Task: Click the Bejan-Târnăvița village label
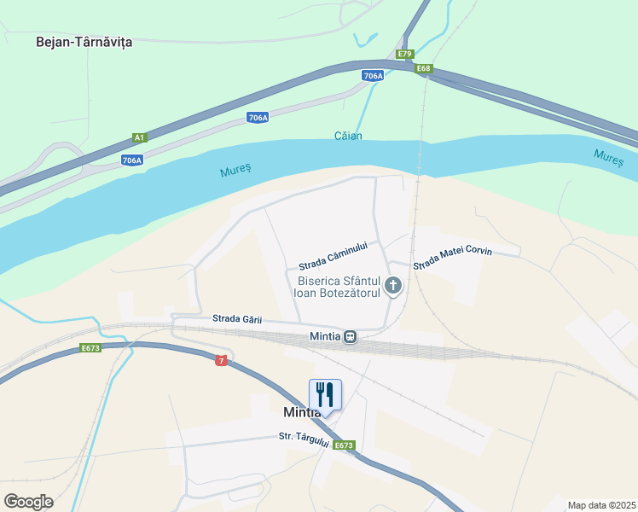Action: pyautogui.click(x=84, y=41)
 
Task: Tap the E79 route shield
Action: pyautogui.click(x=405, y=54)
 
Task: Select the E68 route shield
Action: pyautogui.click(x=424, y=68)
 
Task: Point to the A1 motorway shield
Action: pyautogui.click(x=140, y=137)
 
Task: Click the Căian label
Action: pyautogui.click(x=348, y=137)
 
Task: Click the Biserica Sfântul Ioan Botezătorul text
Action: pyautogui.click(x=339, y=287)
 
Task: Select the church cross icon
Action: pyautogui.click(x=393, y=286)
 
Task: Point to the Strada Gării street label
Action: pyautogui.click(x=236, y=319)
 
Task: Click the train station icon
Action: pyautogui.click(x=350, y=336)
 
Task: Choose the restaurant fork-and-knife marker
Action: pyautogui.click(x=325, y=394)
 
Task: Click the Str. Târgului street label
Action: pyautogui.click(x=304, y=437)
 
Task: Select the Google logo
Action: pyautogui.click(x=29, y=501)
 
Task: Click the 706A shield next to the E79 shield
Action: pyautogui.click(x=373, y=76)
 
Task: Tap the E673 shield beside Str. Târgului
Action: pyautogui.click(x=344, y=445)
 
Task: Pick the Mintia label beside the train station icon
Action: pyautogui.click(x=326, y=336)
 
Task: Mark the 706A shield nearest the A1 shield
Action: pyautogui.click(x=131, y=160)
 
